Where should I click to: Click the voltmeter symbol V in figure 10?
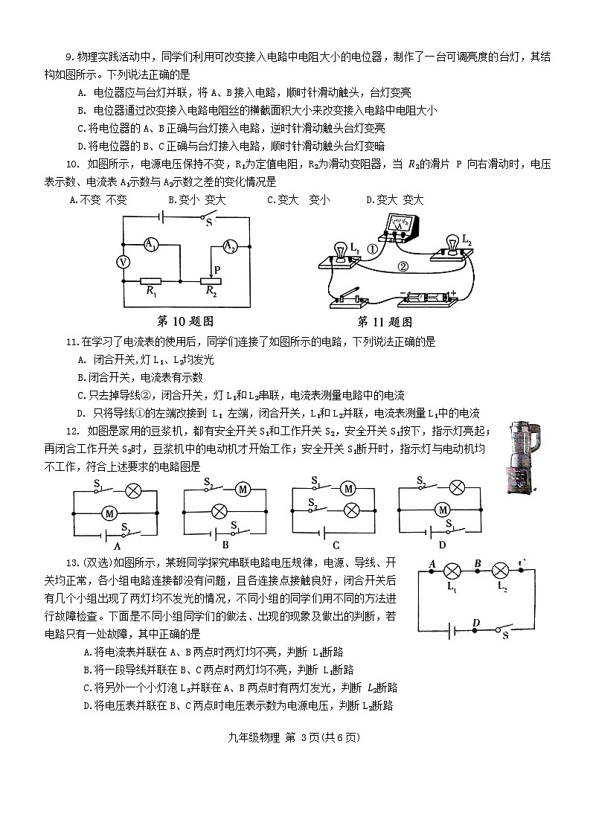(124, 262)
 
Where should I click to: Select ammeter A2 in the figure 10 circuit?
(231, 246)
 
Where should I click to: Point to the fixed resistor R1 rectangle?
(153, 282)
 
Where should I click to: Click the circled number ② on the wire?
(403, 266)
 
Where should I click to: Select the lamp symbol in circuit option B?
(220, 511)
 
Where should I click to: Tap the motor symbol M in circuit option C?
(347, 489)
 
